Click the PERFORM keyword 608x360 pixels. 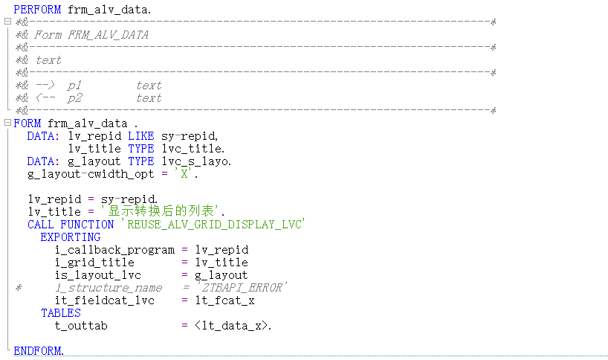pyautogui.click(x=37, y=10)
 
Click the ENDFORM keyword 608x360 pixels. pyautogui.click(x=37, y=350)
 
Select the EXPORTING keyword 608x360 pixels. pyautogui.click(x=71, y=237)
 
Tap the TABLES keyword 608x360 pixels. pyautogui.click(x=61, y=313)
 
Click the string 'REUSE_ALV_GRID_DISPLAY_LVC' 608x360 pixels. pyautogui.click(x=213, y=224)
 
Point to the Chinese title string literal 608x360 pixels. pyautogui.click(x=161, y=211)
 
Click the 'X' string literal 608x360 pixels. pyautogui.click(x=184, y=174)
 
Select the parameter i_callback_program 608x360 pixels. pyautogui.click(x=114, y=250)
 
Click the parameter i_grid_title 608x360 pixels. pyautogui.click(x=94, y=263)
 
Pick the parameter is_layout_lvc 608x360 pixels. pyautogui.click(x=97, y=275)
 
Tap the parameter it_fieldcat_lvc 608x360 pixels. pyautogui.click(x=105, y=300)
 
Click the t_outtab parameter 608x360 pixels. pyautogui.click(x=81, y=326)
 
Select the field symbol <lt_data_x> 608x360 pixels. pyautogui.click(x=231, y=326)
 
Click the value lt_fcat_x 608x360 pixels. pyautogui.click(x=225, y=300)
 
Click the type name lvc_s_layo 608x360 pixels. pyautogui.click(x=195, y=161)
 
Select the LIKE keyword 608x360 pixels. pyautogui.click(x=141, y=136)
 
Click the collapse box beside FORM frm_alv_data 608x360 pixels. pyautogui.click(x=7, y=123)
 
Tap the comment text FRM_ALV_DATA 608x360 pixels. pyautogui.click(x=109, y=35)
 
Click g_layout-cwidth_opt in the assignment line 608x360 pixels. pyautogui.click(x=91, y=174)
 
